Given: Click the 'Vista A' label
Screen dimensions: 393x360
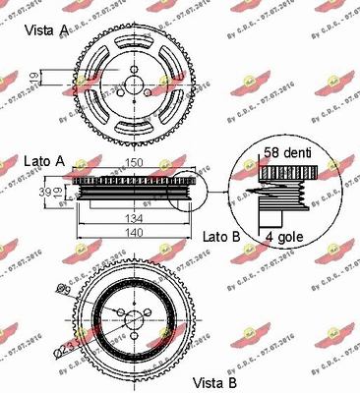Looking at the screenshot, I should click(x=46, y=30).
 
